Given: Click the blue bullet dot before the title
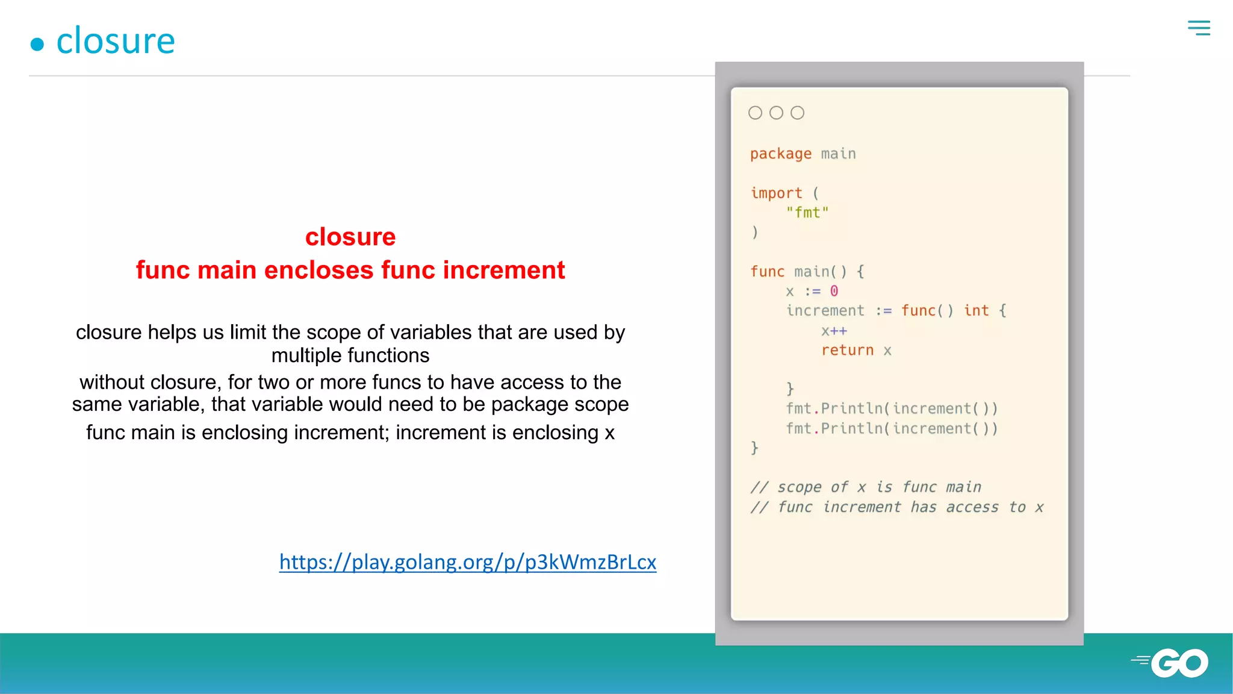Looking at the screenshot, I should pyautogui.click(x=37, y=44).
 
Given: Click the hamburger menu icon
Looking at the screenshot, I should pyautogui.click(x=1199, y=28).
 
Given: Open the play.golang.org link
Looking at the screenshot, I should pyautogui.click(x=467, y=561).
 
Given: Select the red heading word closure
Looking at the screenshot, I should pyautogui.click(x=350, y=237).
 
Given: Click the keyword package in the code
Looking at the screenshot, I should pyautogui.click(x=780, y=154).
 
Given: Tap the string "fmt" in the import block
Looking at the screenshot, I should pyautogui.click(x=807, y=213).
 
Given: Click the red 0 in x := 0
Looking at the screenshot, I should pyautogui.click(x=834, y=292).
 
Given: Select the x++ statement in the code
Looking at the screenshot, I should pyautogui.click(x=834, y=331).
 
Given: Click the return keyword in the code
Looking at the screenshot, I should pyautogui.click(x=847, y=351).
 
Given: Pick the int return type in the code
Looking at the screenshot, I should pyautogui.click(x=976, y=311).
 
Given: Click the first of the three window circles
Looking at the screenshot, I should pyautogui.click(x=755, y=113).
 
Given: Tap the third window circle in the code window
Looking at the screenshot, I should pyautogui.click(x=797, y=113).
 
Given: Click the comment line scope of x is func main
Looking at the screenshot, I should pyautogui.click(x=866, y=487).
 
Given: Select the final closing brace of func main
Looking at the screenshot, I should pyautogui.click(x=754, y=448).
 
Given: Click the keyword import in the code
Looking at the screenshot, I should pyautogui.click(x=776, y=193).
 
